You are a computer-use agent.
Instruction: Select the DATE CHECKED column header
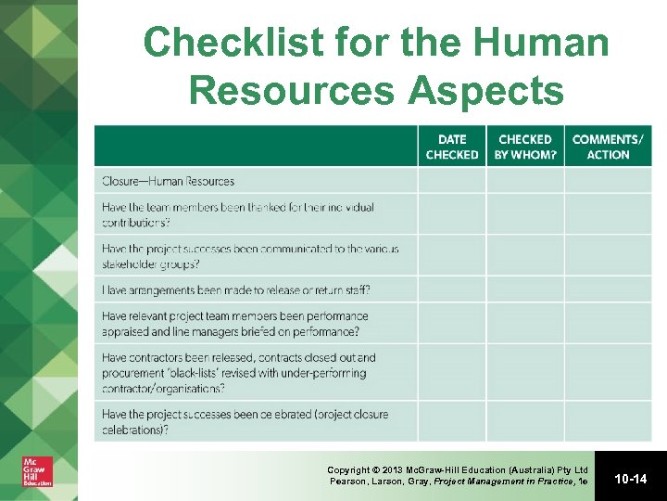point(452,147)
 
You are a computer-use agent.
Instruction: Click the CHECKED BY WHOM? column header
point(525,147)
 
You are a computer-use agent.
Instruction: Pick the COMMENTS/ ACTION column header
point(608,147)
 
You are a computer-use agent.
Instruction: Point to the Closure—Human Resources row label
point(169,181)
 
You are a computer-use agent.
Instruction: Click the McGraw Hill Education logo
point(37,470)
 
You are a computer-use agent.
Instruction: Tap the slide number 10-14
point(630,479)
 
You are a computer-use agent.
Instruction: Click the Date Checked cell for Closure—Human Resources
point(452,181)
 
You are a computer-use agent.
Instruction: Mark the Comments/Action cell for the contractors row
point(608,373)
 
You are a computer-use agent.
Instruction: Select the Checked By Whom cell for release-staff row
point(525,290)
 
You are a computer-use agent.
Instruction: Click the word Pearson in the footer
point(351,482)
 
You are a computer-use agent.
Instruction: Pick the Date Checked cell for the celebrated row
point(452,422)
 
